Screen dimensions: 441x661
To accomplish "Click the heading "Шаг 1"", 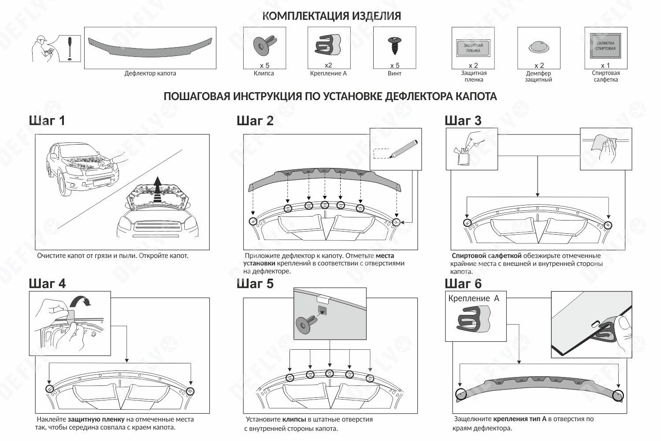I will pos(47,120).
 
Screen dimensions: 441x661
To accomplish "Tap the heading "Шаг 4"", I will pos(47,283).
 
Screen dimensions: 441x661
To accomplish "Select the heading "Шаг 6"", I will pos(463,283).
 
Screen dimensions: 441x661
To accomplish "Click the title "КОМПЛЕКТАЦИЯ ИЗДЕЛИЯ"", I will pos(331,16).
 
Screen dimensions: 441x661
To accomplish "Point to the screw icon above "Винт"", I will pos(394,45).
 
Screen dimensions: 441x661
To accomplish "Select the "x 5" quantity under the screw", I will pos(394,65).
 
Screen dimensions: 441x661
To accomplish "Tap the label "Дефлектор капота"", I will pos(150,73).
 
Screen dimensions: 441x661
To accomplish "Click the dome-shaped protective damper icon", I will pos(538,47).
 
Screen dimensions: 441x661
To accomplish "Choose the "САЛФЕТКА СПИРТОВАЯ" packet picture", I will pos(605,46).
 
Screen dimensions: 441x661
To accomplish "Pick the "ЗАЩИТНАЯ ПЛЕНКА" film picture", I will pos(473,48).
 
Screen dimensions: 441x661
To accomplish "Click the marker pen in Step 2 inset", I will pos(404,148).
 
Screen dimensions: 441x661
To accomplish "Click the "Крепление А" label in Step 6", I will pos(474,299).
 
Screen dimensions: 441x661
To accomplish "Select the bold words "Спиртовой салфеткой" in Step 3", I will pos(486,256).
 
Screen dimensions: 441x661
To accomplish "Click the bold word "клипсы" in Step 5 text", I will pos(294,419).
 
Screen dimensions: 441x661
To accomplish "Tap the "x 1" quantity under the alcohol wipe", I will pos(605,65).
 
